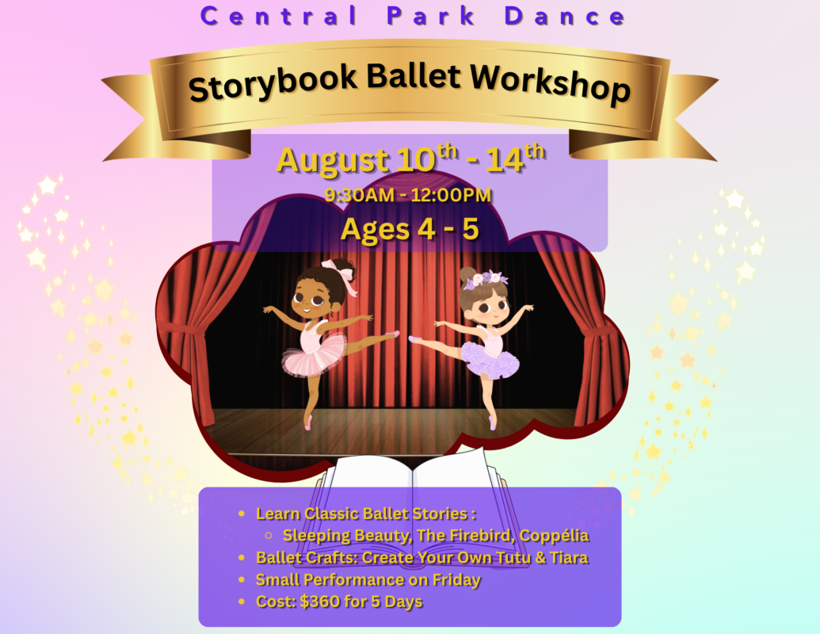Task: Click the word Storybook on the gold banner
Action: pos(272,82)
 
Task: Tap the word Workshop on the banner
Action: pos(550,83)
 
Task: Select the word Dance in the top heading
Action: pos(565,16)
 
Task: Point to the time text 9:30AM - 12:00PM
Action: pos(408,195)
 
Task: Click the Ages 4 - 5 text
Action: pos(410,229)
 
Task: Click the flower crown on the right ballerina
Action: pos(484,279)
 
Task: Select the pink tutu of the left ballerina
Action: pos(313,356)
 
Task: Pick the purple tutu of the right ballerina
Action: pos(491,361)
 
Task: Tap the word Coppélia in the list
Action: pos(555,536)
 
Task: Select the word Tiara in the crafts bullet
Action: pos(569,558)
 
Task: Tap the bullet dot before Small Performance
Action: pos(241,579)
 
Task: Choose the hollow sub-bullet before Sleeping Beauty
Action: pos(269,535)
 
